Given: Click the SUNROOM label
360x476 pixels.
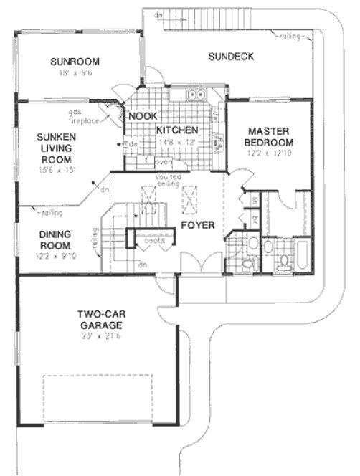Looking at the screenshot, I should pos(80,61).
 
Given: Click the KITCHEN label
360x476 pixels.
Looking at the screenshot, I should pos(176,130).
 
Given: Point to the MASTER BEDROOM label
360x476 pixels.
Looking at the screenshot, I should pos(269,137).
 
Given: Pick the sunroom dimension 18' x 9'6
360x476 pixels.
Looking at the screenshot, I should pos(80,72).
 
